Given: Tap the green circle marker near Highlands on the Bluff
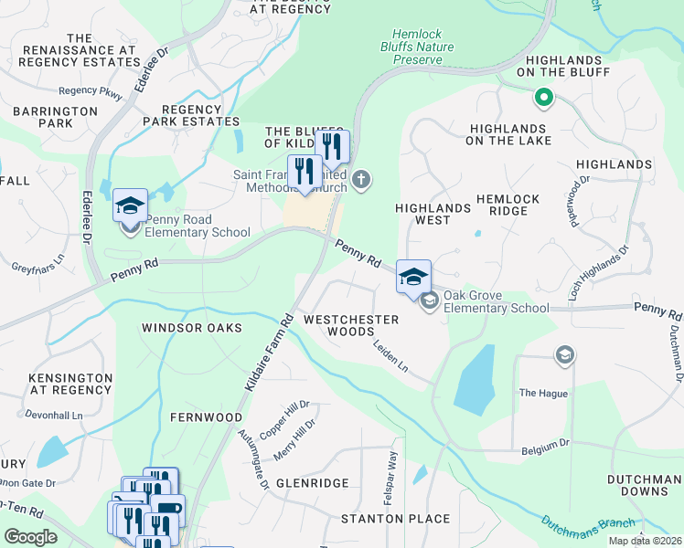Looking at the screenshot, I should click(x=542, y=95).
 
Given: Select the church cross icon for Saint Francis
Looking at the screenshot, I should click(x=362, y=178).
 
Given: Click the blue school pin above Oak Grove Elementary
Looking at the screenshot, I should click(x=413, y=276).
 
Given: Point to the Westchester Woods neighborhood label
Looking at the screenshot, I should click(x=351, y=325).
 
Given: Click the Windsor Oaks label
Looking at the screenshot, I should click(x=192, y=327).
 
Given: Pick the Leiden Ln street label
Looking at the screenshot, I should click(x=390, y=355).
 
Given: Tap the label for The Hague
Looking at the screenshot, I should click(x=543, y=394).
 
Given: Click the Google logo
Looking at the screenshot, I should click(x=30, y=536).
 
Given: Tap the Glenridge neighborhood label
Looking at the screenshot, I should click(x=312, y=482).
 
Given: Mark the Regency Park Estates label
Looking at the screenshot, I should click(x=192, y=114).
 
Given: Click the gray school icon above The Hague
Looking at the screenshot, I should click(x=564, y=353).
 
